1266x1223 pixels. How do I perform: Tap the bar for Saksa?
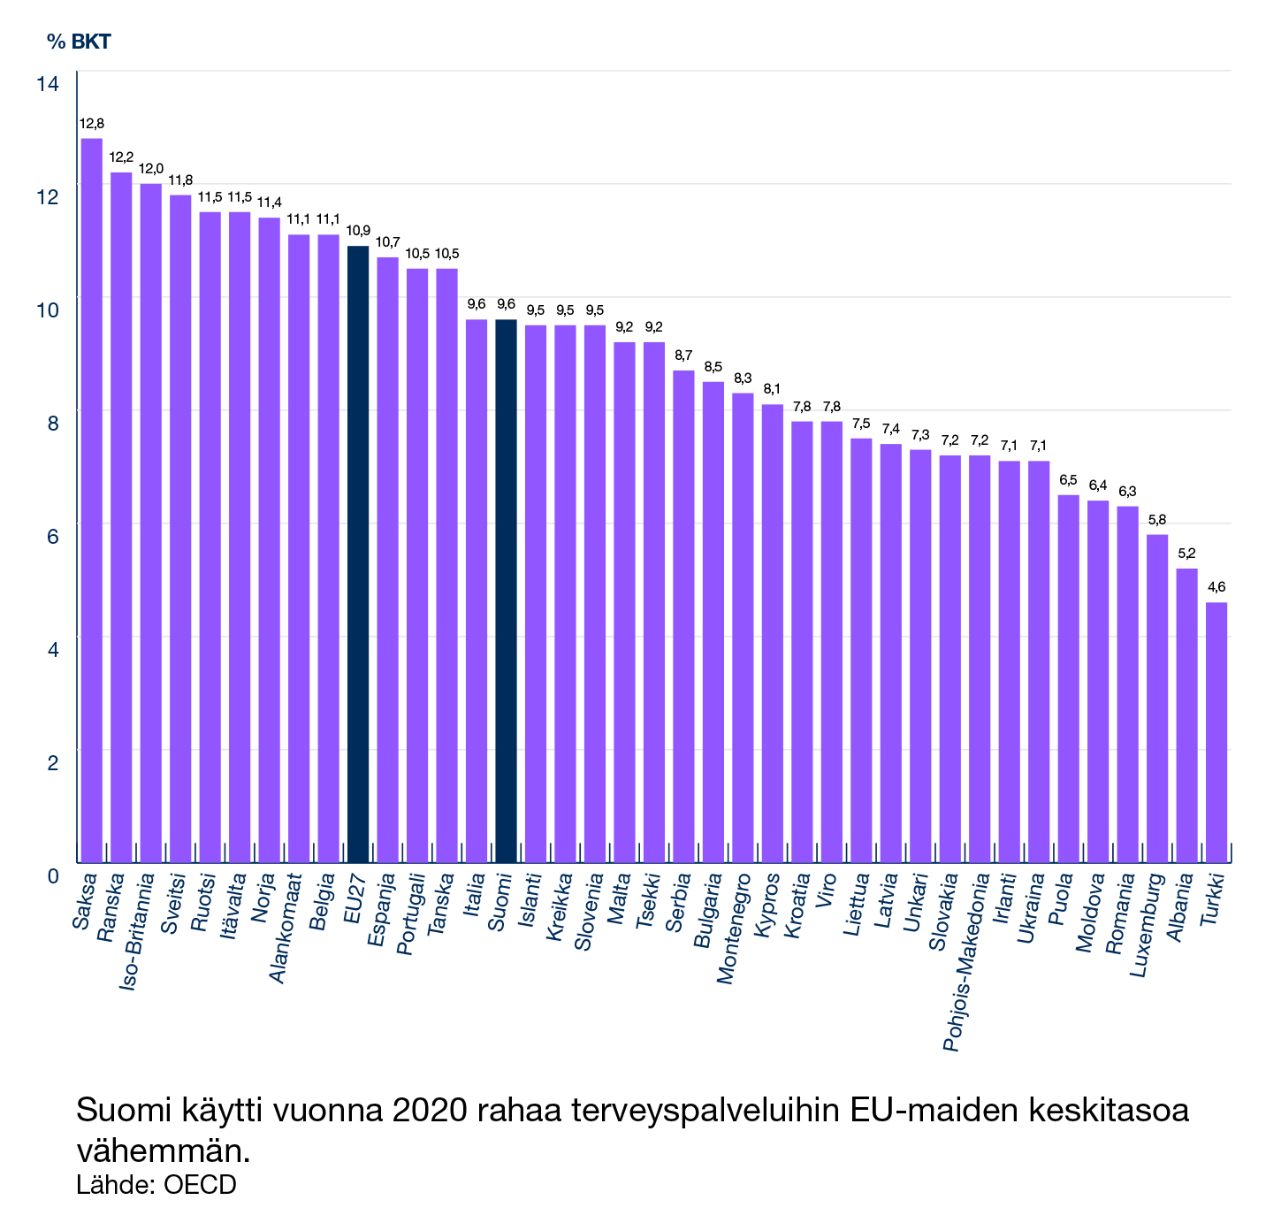(92, 500)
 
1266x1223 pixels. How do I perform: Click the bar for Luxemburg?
(1157, 698)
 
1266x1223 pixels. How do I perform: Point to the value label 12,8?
(92, 124)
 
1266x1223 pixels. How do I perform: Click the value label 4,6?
(1216, 587)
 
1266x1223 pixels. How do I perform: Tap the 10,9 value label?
(358, 231)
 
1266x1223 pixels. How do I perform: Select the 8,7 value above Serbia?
(683, 355)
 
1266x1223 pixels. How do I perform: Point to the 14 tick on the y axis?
(48, 84)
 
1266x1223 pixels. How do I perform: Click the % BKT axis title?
(79, 42)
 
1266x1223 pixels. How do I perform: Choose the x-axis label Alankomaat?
(286, 929)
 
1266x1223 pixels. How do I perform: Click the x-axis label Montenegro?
(733, 929)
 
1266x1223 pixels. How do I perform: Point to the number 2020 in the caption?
(428, 1111)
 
